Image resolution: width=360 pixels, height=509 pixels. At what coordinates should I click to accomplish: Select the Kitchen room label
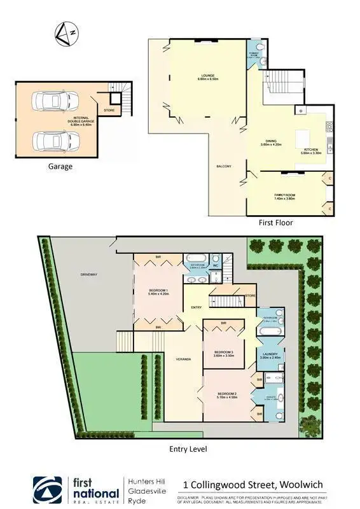312,150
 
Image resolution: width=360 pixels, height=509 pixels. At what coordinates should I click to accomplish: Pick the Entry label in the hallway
196,308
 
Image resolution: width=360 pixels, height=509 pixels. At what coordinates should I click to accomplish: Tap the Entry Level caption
188,449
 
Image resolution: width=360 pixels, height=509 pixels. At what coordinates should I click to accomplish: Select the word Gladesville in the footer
145,491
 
